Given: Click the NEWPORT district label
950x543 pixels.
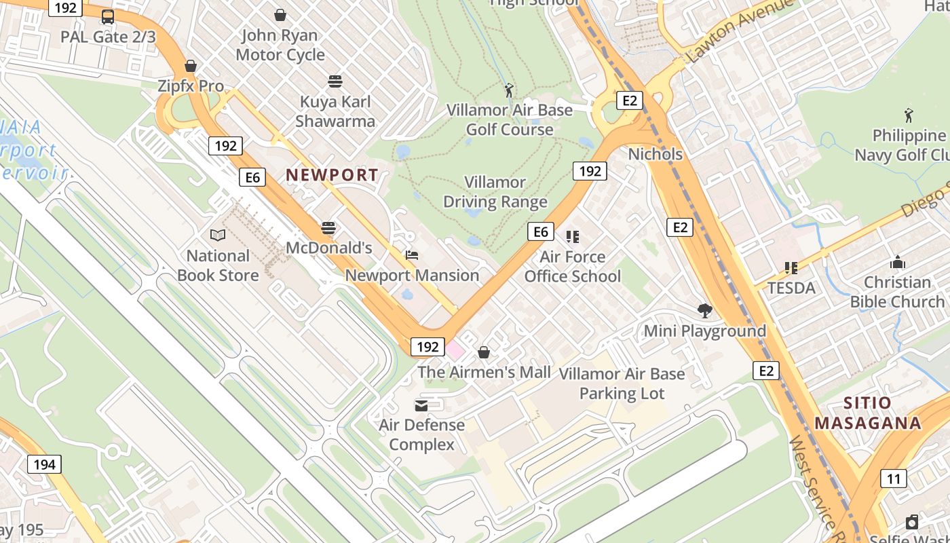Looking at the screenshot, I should [x=332, y=174].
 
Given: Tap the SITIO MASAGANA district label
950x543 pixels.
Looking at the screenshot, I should [x=868, y=413].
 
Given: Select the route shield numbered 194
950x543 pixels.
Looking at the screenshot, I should [x=44, y=464].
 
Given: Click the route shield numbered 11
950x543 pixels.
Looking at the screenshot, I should [x=894, y=479].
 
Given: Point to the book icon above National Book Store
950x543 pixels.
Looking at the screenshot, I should [x=218, y=236].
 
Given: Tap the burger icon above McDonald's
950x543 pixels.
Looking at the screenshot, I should [x=328, y=227].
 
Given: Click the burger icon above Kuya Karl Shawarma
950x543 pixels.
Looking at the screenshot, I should [x=335, y=81].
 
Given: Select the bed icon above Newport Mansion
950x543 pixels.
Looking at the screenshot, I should [x=411, y=255].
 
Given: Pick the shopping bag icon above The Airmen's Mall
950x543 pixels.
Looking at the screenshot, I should [x=484, y=352].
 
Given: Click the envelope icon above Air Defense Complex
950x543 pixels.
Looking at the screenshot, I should [x=421, y=405].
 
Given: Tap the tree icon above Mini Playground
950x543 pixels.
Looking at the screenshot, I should [x=705, y=311].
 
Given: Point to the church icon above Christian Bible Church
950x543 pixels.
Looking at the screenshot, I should [x=898, y=262].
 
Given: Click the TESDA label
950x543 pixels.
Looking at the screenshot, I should [x=791, y=288].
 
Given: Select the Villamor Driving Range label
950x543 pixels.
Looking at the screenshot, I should [x=495, y=192].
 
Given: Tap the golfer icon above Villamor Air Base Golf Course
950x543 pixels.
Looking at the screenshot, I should [x=509, y=90].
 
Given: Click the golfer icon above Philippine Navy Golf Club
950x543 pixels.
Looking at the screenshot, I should [x=909, y=115].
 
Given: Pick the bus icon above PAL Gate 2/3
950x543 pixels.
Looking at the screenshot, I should [x=108, y=17].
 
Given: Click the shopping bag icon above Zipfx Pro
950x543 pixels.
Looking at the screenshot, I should [x=191, y=66].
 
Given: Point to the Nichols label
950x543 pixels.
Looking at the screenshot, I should [x=655, y=154].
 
